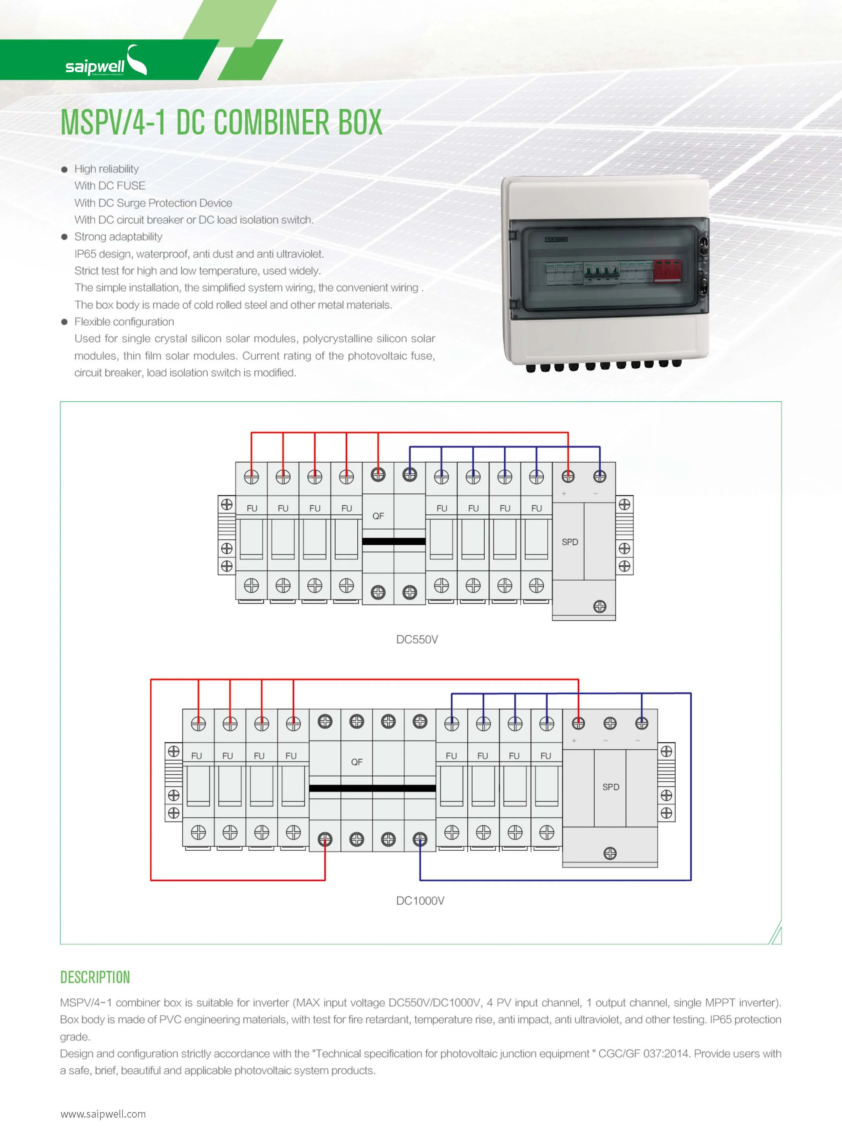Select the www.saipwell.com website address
(103, 1113)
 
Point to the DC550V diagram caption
(417, 639)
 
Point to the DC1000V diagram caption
(420, 900)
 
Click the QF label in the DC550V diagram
(378, 516)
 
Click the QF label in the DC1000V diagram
(356, 761)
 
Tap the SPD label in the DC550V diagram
(569, 542)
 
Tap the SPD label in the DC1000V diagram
(610, 786)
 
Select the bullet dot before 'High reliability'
(64, 169)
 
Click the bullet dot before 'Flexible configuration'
(64, 322)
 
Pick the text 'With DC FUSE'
(110, 186)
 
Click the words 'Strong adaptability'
(118, 237)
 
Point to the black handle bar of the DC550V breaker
(393, 541)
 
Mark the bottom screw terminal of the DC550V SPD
(599, 606)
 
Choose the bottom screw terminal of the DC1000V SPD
(610, 853)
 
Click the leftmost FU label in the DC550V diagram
(252, 508)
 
